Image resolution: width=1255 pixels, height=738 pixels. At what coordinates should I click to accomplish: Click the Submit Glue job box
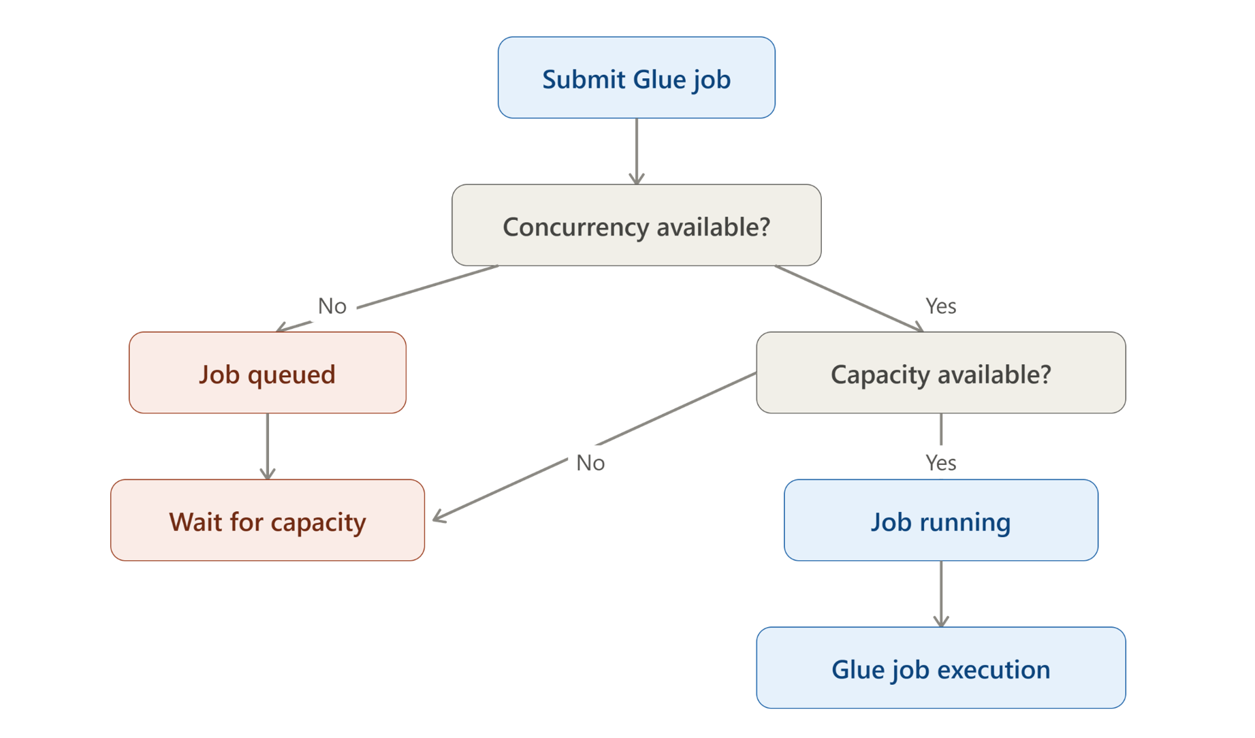(636, 78)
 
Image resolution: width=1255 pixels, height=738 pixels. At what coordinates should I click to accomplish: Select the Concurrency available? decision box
(636, 225)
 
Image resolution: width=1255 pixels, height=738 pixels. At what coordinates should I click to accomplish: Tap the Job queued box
(268, 372)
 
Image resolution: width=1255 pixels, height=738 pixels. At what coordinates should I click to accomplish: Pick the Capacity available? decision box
(940, 372)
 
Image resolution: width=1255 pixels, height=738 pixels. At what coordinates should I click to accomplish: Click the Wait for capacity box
(268, 520)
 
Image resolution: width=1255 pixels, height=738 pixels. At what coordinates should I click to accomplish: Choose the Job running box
(940, 520)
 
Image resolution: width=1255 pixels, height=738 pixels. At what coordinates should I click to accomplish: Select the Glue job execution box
(940, 668)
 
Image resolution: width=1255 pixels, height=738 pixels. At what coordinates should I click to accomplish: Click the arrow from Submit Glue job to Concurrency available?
(636, 151)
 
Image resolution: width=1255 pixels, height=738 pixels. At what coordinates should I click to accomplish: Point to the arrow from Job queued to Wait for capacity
(268, 446)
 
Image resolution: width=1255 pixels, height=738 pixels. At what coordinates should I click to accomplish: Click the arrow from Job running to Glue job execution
(940, 594)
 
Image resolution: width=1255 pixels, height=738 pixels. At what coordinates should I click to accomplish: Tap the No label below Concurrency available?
(332, 306)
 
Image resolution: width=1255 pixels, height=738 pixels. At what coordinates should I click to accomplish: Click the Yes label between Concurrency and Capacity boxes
(940, 306)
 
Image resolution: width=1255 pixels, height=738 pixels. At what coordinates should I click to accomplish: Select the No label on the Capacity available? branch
(590, 463)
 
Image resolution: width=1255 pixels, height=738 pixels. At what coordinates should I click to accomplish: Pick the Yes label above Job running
(940, 463)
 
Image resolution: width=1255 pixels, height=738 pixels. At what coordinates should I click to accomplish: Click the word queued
(291, 375)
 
